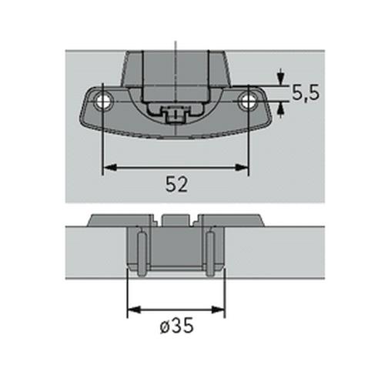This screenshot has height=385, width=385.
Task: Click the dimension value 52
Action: tap(176, 185)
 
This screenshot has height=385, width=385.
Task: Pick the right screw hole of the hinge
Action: tap(248, 100)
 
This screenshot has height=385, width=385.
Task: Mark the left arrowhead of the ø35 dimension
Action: tap(132, 310)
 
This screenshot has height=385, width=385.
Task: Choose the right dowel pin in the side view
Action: tap(209, 252)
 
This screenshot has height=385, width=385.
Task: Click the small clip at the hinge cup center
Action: tap(176, 115)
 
